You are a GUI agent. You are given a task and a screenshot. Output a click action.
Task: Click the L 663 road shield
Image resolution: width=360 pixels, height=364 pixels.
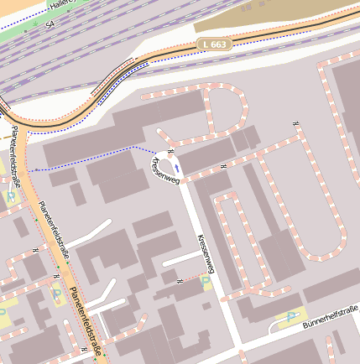213,44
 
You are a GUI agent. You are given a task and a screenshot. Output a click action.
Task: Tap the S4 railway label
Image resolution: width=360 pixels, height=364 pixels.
50,26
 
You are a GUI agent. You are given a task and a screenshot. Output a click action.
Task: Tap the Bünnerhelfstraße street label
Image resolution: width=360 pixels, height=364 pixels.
330,320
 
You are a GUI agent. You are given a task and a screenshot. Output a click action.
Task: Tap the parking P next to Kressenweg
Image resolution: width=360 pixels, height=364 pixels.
205,283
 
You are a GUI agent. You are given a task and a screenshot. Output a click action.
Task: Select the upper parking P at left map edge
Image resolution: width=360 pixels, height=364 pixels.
10,196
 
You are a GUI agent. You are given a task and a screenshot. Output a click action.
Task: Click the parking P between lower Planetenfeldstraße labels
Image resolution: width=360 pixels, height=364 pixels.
56,294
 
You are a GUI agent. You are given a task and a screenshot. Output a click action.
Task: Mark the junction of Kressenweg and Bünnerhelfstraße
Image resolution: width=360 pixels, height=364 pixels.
240,343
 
